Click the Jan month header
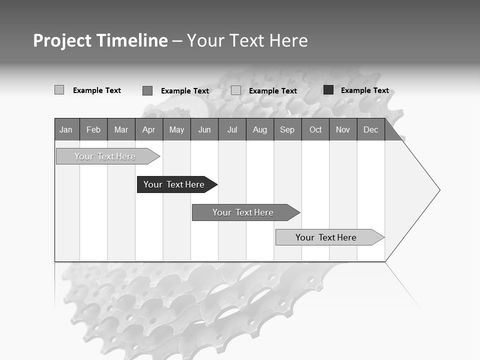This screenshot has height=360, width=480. [66, 129]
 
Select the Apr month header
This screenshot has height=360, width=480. [149, 129]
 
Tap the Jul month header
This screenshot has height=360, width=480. [232, 129]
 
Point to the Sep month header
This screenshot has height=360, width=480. [287, 129]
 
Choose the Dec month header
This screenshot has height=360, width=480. [371, 129]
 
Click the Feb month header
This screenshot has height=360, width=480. [93, 129]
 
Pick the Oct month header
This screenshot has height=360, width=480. [315, 129]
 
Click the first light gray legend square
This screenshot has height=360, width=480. [59, 90]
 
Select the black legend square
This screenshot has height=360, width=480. [328, 90]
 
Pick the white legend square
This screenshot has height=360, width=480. [236, 90]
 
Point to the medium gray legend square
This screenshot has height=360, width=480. [147, 90]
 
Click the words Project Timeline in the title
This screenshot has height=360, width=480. [100, 40]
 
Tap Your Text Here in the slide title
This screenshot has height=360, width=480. [247, 40]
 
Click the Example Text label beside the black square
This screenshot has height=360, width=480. [364, 90]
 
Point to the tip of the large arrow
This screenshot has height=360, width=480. [439, 190]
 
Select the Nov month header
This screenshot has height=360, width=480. [343, 129]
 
